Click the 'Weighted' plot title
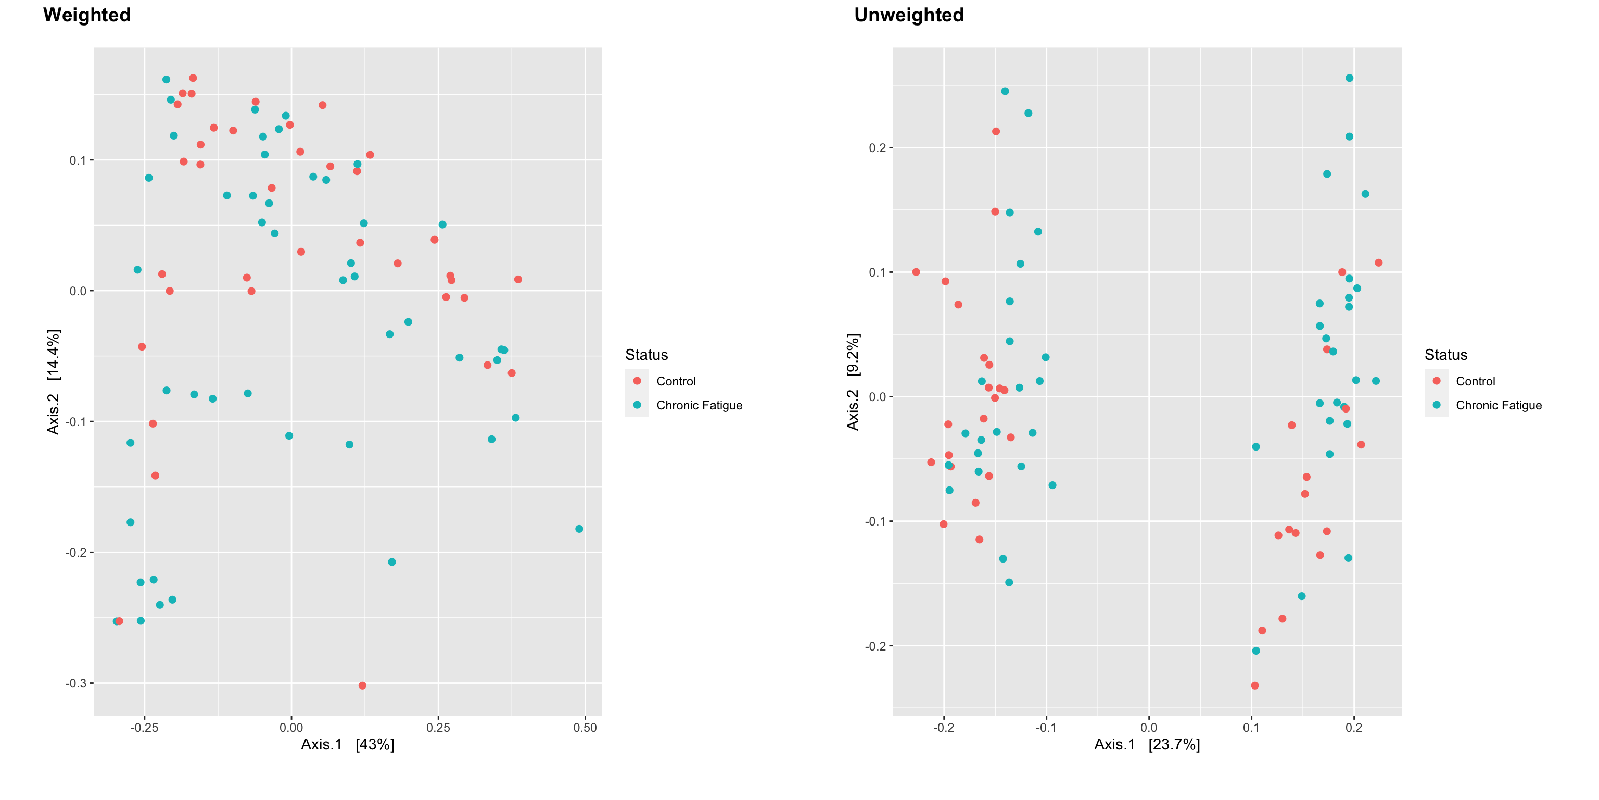click(x=87, y=15)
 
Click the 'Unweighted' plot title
click(x=909, y=15)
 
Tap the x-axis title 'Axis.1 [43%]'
click(x=348, y=744)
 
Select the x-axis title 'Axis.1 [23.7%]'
click(x=1147, y=744)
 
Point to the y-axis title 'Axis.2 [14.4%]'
click(x=54, y=381)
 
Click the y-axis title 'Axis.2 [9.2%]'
click(x=854, y=381)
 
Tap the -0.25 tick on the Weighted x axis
click(x=144, y=727)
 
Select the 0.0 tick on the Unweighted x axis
click(x=1149, y=727)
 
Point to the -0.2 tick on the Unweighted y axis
click(x=876, y=646)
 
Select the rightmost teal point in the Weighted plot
click(x=579, y=529)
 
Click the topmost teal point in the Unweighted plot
click(x=1350, y=78)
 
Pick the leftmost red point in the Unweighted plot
click(x=916, y=272)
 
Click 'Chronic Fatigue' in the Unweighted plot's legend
click(x=1499, y=406)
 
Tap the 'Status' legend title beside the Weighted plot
click(x=646, y=355)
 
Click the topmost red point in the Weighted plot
click(x=193, y=78)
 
